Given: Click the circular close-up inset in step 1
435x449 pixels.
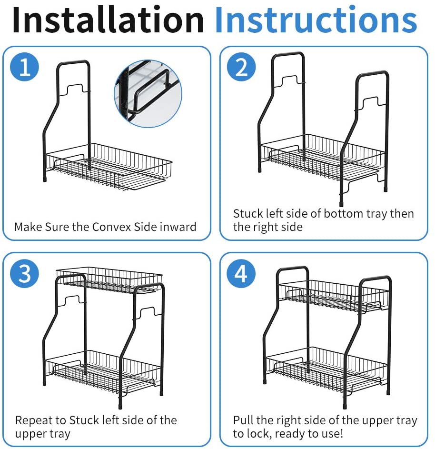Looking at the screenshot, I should pos(148,93).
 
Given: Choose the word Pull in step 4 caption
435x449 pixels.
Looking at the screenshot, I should pos(242,420).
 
